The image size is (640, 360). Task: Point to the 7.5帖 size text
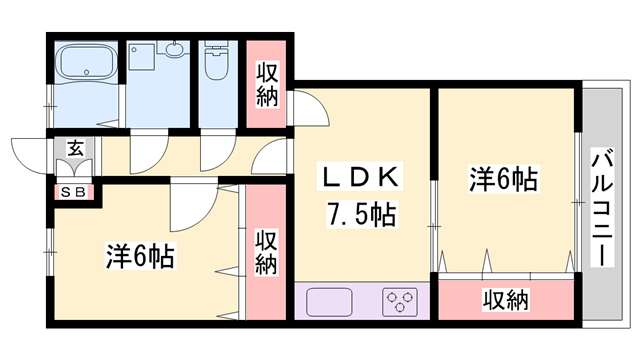coord(361,213)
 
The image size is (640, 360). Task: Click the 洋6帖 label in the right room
coord(505,179)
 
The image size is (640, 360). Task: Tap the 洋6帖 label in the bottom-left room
coord(140,256)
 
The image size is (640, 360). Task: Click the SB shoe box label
coord(76,191)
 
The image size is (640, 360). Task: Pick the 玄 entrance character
coord(74,148)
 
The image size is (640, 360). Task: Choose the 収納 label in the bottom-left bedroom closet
coord(265,252)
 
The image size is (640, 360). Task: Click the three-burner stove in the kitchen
coord(401,301)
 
